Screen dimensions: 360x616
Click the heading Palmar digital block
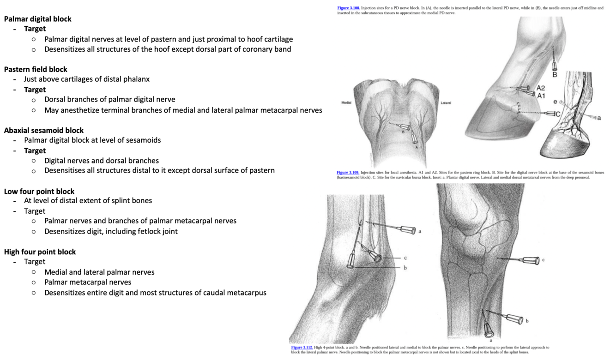[38, 19]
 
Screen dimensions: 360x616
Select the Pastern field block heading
[36, 69]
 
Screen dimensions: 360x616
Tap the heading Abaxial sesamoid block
[44, 130]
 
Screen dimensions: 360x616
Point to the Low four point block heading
[39, 191]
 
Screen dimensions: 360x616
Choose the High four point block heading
[40, 252]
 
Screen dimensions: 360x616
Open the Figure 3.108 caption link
[348, 8]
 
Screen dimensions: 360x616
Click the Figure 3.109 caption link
[348, 173]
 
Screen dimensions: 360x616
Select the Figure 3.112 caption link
[302, 348]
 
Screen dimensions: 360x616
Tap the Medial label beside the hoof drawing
[347, 102]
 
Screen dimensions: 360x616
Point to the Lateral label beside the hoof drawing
[446, 102]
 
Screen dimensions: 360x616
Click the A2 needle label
[541, 88]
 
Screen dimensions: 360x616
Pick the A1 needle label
[541, 96]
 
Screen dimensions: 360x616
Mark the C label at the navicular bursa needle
[558, 114]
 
